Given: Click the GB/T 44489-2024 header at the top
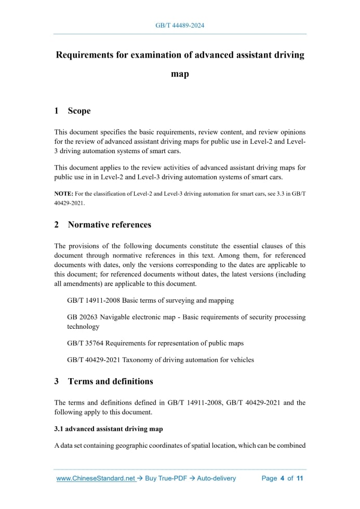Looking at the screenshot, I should click(180, 25).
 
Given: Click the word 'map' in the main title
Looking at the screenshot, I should click(180, 74).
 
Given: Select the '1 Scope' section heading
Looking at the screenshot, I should click(73, 111).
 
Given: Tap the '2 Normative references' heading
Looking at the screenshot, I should click(103, 225).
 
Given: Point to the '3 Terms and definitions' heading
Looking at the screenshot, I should click(104, 381).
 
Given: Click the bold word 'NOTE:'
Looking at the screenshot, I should click(64, 194).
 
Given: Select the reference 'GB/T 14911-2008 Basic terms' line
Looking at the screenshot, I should click(151, 300).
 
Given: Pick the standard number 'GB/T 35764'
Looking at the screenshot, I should click(86, 343).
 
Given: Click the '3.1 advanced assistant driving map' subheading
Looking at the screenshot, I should click(109, 429).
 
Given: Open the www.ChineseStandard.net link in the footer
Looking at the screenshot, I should click(96, 478).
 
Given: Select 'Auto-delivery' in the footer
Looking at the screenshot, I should click(216, 478).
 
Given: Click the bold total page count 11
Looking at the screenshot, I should click(299, 478).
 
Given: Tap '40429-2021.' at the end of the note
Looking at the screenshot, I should click(69, 203).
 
